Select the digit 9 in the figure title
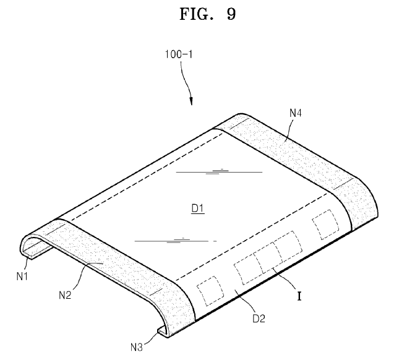230,14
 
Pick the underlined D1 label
197,208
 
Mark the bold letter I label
299,296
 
